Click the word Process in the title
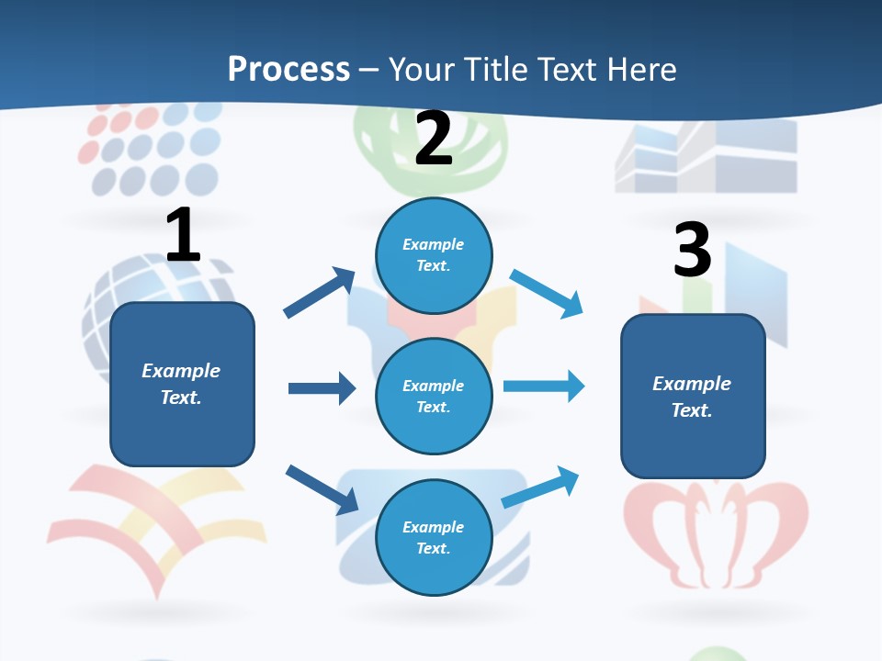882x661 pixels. [x=288, y=69]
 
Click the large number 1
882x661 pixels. [x=183, y=235]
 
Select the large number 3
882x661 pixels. [x=692, y=250]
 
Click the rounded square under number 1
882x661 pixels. [x=182, y=384]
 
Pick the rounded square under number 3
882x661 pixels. [x=693, y=397]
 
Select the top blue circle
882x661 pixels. [x=434, y=255]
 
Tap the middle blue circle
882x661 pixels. [x=434, y=396]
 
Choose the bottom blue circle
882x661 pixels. [x=434, y=537]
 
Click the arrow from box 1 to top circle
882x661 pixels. [x=319, y=293]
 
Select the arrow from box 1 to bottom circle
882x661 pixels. [x=322, y=489]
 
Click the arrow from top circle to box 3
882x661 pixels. [x=547, y=293]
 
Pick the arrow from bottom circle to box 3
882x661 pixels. [x=541, y=487]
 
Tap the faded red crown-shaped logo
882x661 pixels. [x=716, y=532]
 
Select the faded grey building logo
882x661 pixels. [x=706, y=156]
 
